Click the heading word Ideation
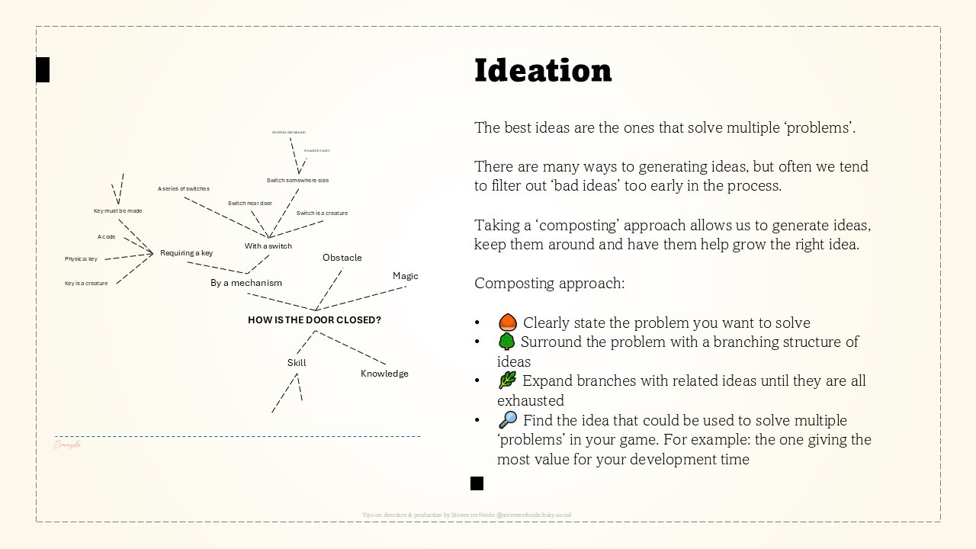coord(543,70)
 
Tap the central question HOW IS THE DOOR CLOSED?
coord(314,320)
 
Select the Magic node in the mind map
coord(406,276)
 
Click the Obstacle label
coord(342,258)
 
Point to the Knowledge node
coord(384,374)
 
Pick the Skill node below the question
coord(297,363)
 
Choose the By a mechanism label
coord(246,283)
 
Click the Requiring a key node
coord(186,253)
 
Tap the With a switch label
coord(268,246)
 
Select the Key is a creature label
coord(86,284)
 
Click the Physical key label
coord(81,259)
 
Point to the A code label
coord(107,237)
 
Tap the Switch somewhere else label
coord(297,181)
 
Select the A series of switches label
coord(184,189)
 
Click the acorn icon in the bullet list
coord(508,323)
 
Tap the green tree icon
coord(506,342)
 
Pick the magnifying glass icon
coord(508,419)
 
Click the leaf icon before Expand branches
coord(507,380)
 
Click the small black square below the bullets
coord(477,483)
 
